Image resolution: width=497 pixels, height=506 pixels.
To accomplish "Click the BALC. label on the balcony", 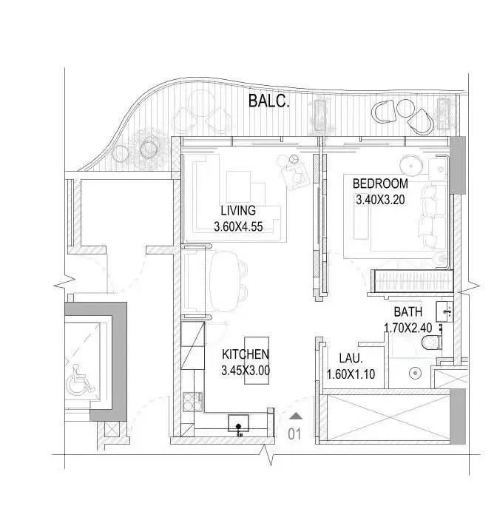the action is pyautogui.click(x=268, y=101).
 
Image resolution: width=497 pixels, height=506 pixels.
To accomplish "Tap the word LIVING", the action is pyautogui.click(x=238, y=210).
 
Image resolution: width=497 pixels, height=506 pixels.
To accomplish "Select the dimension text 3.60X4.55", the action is pyautogui.click(x=238, y=226).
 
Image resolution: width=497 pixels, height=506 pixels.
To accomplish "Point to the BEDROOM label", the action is pyautogui.click(x=380, y=183).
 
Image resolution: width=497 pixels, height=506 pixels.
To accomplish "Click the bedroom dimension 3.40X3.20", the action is pyautogui.click(x=380, y=200).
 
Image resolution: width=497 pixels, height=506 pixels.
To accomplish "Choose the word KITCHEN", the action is pyautogui.click(x=246, y=354).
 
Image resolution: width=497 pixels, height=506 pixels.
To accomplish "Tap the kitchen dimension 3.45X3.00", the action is pyautogui.click(x=246, y=370).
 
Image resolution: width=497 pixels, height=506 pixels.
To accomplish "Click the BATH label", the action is pyautogui.click(x=408, y=311).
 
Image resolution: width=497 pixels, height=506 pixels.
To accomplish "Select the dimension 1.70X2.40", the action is pyautogui.click(x=408, y=328).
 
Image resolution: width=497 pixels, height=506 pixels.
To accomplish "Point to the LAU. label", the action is pyautogui.click(x=351, y=358).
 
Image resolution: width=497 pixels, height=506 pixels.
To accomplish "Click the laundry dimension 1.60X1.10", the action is pyautogui.click(x=351, y=374).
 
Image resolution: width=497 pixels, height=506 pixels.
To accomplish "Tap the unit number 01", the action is pyautogui.click(x=294, y=434).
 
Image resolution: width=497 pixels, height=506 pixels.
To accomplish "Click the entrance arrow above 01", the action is pyautogui.click(x=296, y=416).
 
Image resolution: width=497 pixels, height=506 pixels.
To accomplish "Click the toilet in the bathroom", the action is pyautogui.click(x=432, y=343).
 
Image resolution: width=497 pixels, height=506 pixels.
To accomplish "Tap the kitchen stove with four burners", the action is pyautogui.click(x=193, y=402).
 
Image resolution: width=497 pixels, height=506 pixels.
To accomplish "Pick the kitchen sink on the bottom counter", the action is pyautogui.click(x=238, y=423).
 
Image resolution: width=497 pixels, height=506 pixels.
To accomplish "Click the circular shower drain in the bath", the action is pyautogui.click(x=416, y=374).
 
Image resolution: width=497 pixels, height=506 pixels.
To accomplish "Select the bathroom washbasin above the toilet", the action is pyautogui.click(x=444, y=311).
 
